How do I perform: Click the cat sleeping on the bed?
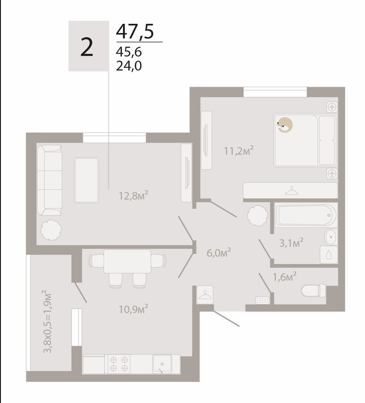pyautogui.click(x=285, y=125)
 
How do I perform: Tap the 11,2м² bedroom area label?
pyautogui.click(x=239, y=151)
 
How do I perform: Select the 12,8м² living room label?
pyautogui.click(x=133, y=196)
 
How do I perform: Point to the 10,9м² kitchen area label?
pyautogui.click(x=133, y=309)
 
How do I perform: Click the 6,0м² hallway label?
pyautogui.click(x=219, y=253)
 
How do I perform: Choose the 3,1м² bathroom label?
pyautogui.click(x=291, y=243)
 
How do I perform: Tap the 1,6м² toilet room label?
pyautogui.click(x=285, y=276)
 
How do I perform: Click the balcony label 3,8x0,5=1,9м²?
pyautogui.click(x=48, y=322)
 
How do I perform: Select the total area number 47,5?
pyautogui.click(x=135, y=31)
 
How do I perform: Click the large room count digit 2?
pyautogui.click(x=87, y=47)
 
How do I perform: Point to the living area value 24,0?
pyautogui.click(x=129, y=66)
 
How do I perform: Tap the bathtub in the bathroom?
pyautogui.click(x=306, y=215)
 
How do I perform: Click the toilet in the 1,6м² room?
pyautogui.click(x=314, y=291)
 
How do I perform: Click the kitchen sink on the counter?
pyautogui.click(x=162, y=364)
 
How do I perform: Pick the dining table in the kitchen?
pyautogui.click(x=128, y=261)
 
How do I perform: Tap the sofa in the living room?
pyautogui.click(x=50, y=180)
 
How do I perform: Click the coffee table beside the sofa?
pyautogui.click(x=86, y=180)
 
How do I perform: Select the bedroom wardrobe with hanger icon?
pyautogui.click(x=290, y=190)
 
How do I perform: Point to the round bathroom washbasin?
pyautogui.click(x=331, y=237)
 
